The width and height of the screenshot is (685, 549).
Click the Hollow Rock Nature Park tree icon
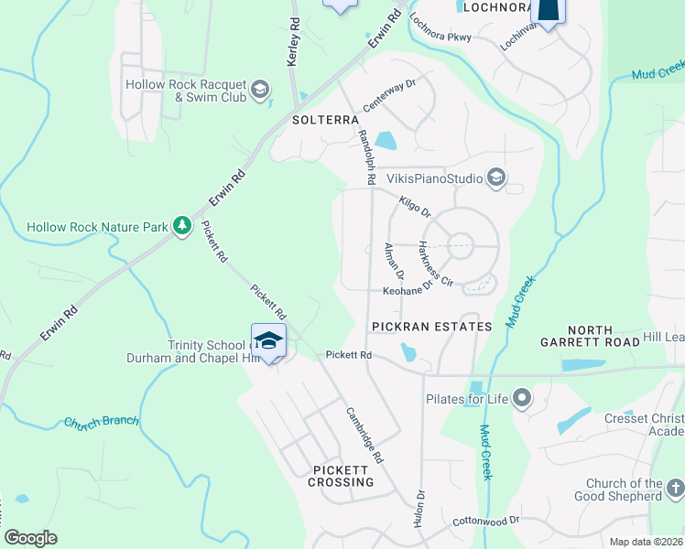tap(182, 224)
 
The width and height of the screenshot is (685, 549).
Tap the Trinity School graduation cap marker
tap(268, 341)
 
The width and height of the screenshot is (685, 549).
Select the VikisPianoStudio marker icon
tap(495, 177)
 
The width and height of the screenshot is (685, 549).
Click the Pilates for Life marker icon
tap(522, 397)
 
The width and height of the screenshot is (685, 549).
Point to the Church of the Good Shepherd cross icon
tap(675, 489)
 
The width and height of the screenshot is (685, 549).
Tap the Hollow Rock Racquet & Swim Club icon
tap(260, 89)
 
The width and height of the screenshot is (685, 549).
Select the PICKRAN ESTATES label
tap(431, 327)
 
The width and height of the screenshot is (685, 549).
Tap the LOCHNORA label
tap(496, 7)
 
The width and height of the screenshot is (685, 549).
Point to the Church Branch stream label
tap(101, 422)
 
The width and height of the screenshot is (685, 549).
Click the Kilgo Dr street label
tap(415, 205)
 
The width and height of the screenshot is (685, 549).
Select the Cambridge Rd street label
tap(364, 436)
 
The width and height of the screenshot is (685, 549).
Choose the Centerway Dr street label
tap(389, 94)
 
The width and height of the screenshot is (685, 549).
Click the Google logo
tap(31, 538)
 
